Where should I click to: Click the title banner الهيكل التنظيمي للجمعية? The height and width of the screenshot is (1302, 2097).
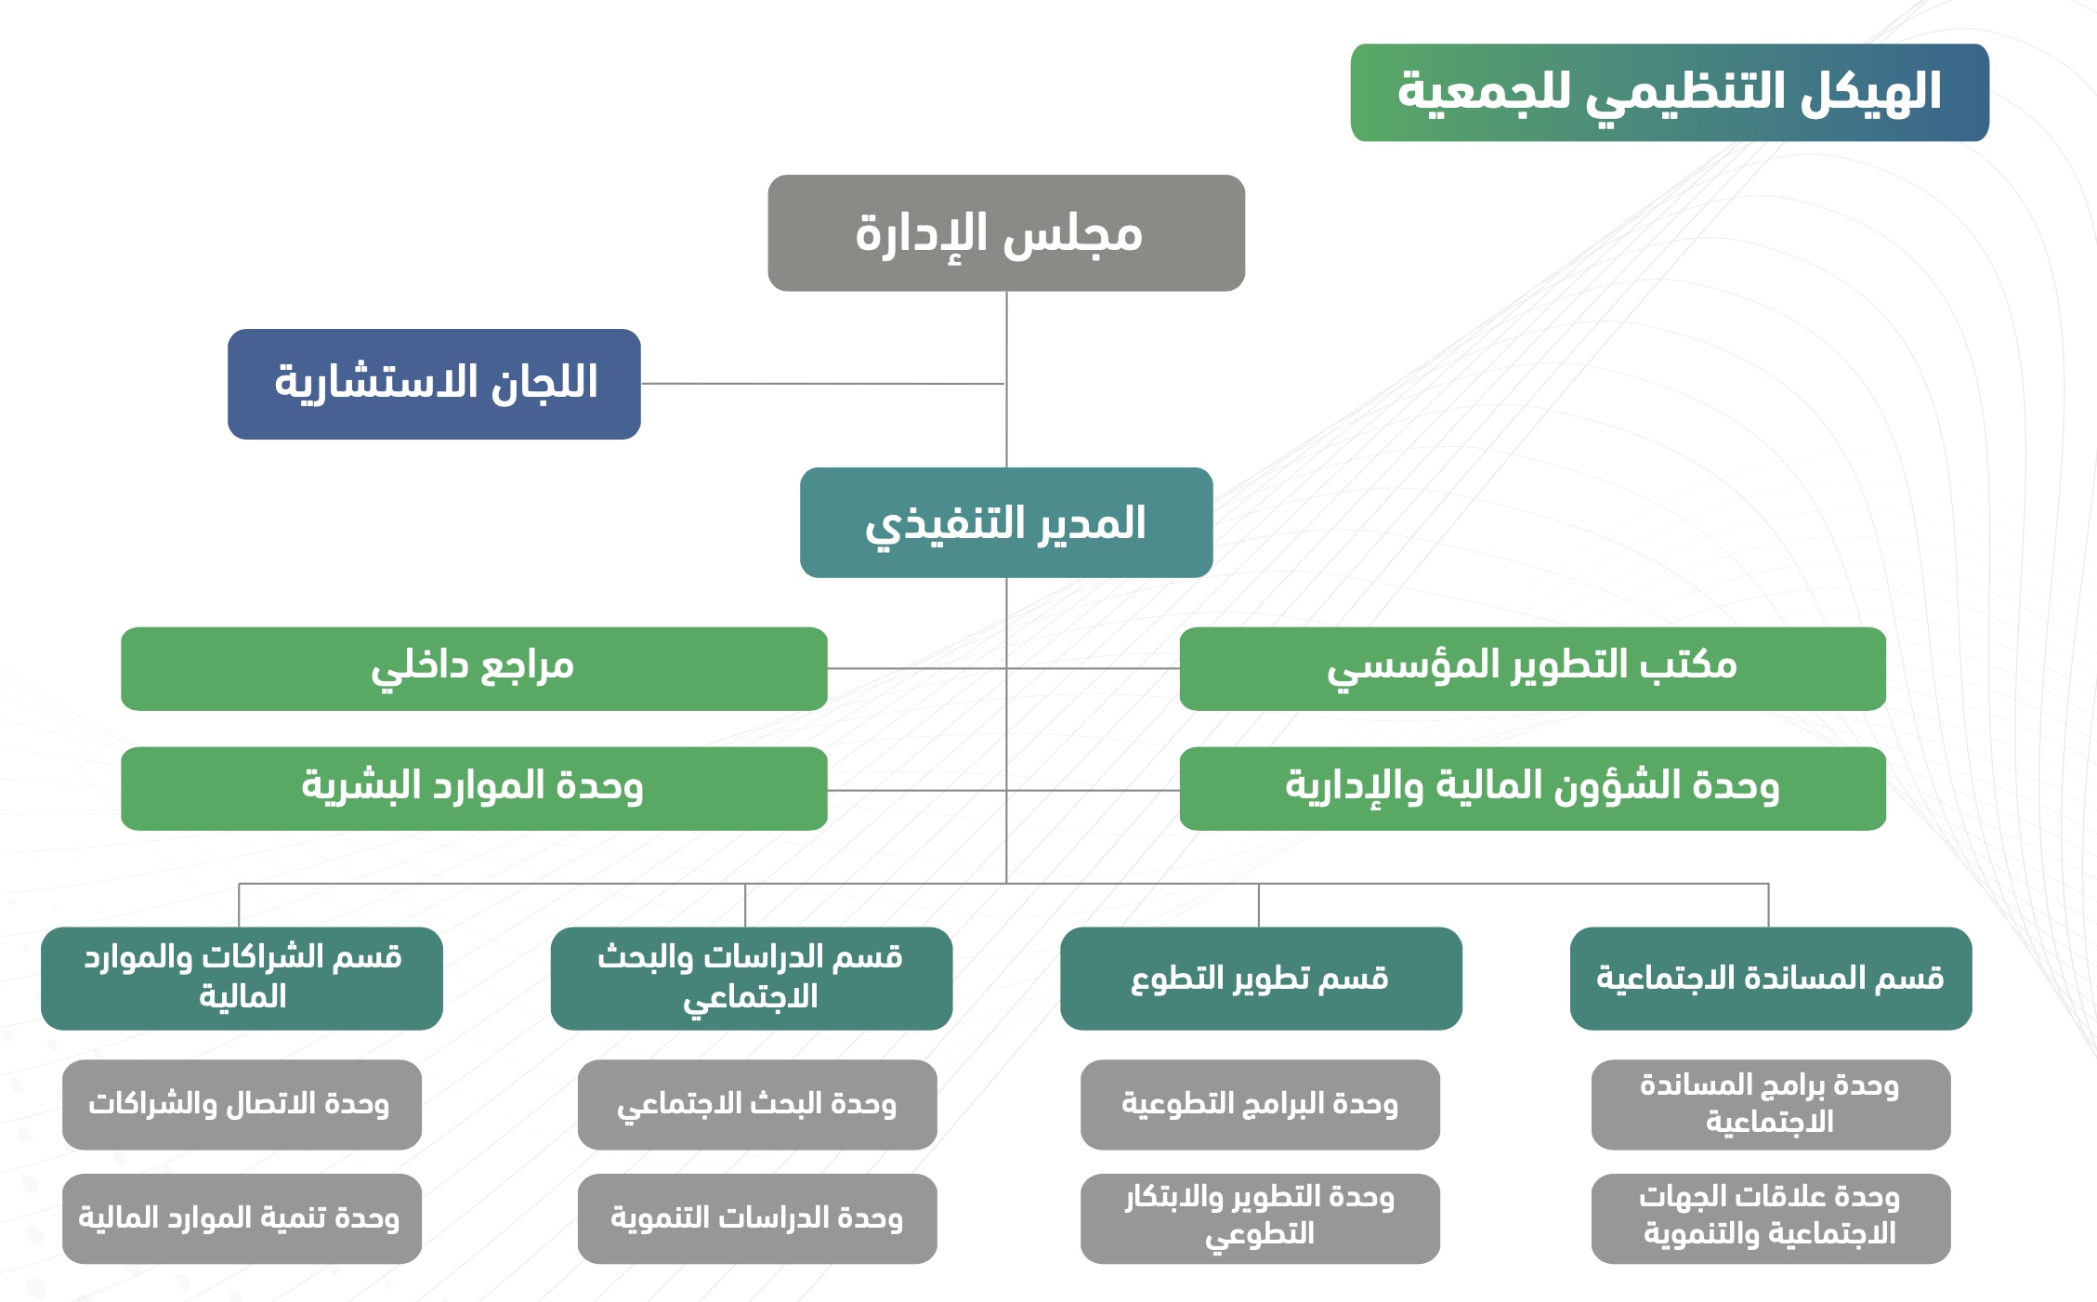(x=1670, y=92)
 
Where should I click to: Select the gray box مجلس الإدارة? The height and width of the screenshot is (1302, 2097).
(x=1006, y=233)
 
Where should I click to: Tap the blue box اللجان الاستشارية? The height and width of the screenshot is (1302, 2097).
(x=434, y=384)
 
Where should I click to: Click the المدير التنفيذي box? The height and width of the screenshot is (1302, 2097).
(x=1006, y=522)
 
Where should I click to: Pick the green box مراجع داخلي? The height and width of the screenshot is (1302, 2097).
(x=474, y=669)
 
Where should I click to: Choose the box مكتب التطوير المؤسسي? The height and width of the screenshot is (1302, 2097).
(x=1533, y=669)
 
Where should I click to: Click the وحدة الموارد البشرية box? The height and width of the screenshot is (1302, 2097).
(x=474, y=788)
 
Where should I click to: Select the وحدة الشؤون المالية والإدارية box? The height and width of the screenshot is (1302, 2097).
(x=1533, y=788)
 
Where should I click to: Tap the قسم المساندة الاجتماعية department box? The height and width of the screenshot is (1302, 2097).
(x=1771, y=978)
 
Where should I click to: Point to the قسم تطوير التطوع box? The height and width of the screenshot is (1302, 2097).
(x=1261, y=978)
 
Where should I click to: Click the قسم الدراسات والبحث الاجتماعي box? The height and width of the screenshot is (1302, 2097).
(x=752, y=978)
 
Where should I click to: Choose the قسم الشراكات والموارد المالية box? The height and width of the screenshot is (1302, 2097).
(x=242, y=978)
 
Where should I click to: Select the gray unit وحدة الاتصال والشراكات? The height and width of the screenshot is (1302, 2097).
(x=242, y=1104)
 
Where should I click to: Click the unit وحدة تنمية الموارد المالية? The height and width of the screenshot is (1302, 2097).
(x=242, y=1218)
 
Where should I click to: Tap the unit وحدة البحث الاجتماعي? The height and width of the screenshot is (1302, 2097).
(x=757, y=1104)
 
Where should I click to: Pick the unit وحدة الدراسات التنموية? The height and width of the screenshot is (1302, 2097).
(x=757, y=1218)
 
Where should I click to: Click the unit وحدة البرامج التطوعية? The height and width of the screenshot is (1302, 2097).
(x=1260, y=1104)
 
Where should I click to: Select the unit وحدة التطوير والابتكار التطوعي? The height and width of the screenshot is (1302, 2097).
(x=1260, y=1218)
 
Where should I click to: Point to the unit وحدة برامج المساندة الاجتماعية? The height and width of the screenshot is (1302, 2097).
(x=1771, y=1104)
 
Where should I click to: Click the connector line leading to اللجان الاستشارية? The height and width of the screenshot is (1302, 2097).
(x=823, y=384)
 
